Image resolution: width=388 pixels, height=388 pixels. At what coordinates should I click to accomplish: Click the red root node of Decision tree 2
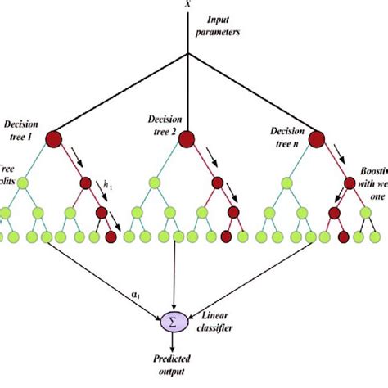click(x=187, y=138)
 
